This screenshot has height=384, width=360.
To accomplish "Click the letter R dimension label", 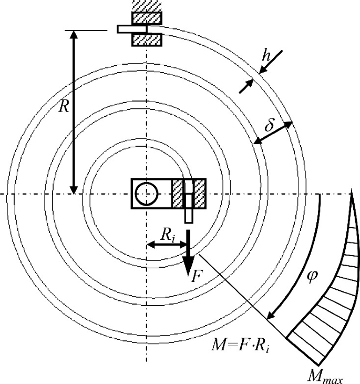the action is [x=64, y=107].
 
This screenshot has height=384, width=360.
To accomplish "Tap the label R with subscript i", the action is [x=168, y=236].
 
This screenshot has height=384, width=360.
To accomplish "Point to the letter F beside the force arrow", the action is [x=197, y=276].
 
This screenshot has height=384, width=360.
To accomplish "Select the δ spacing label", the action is [x=270, y=125].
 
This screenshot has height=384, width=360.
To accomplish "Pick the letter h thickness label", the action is [x=266, y=56].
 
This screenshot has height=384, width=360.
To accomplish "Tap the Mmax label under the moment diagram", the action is [x=325, y=377].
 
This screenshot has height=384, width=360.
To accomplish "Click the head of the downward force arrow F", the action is [x=189, y=266].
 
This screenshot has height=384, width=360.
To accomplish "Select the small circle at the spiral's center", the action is [x=147, y=194].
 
